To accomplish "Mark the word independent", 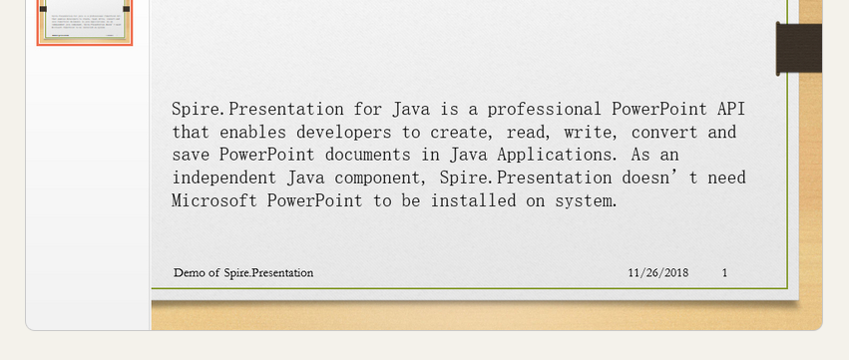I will (225, 178).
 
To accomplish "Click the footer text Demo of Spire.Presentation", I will (243, 273).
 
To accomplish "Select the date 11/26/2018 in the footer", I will (658, 273).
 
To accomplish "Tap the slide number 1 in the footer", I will (724, 273).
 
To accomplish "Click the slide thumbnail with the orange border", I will (85, 22).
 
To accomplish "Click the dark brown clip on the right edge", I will (798, 48).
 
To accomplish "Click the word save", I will (191, 155).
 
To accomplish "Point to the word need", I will (727, 178).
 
